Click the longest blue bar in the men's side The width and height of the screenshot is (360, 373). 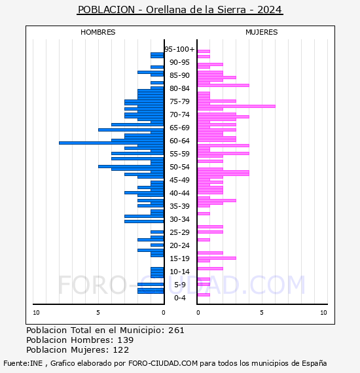(111, 143)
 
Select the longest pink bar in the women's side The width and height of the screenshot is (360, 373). (236, 106)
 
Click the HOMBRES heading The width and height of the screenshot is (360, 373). (98, 32)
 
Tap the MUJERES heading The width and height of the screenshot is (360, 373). (262, 32)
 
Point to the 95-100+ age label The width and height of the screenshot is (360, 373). (179, 49)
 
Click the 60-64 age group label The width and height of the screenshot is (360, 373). (179, 141)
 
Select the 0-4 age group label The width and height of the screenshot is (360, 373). (179, 298)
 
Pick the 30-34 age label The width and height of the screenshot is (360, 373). (179, 219)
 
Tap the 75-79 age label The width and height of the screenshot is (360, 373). (179, 101)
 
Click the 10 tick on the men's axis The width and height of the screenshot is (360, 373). (36, 313)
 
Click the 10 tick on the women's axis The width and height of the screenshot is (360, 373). (323, 313)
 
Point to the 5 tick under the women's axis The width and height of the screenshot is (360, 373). (262, 313)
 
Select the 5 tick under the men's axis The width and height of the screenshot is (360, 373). (98, 313)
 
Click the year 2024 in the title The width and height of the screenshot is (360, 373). (270, 10)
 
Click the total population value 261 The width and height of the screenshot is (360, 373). (176, 330)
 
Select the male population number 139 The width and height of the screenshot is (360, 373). (126, 340)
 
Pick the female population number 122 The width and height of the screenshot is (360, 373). (121, 349)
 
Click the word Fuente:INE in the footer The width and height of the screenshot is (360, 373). (23, 363)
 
